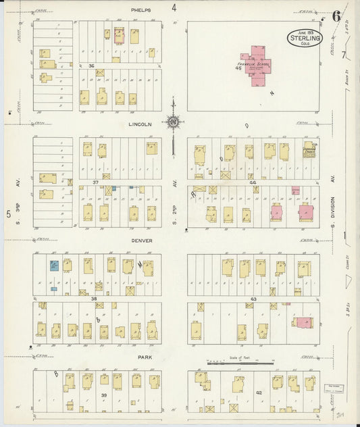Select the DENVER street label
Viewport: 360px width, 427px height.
pos(142,240)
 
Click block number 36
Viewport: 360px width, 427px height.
pos(91,66)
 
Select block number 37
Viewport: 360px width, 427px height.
pos(96,182)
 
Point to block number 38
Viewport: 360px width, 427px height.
pos(95,298)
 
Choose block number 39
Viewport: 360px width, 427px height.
pos(104,394)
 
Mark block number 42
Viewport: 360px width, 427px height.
pos(258,393)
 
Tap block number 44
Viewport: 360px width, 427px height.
pos(253,182)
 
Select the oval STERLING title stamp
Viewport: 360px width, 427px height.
pos(305,39)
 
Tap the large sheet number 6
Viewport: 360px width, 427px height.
pos(336,16)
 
